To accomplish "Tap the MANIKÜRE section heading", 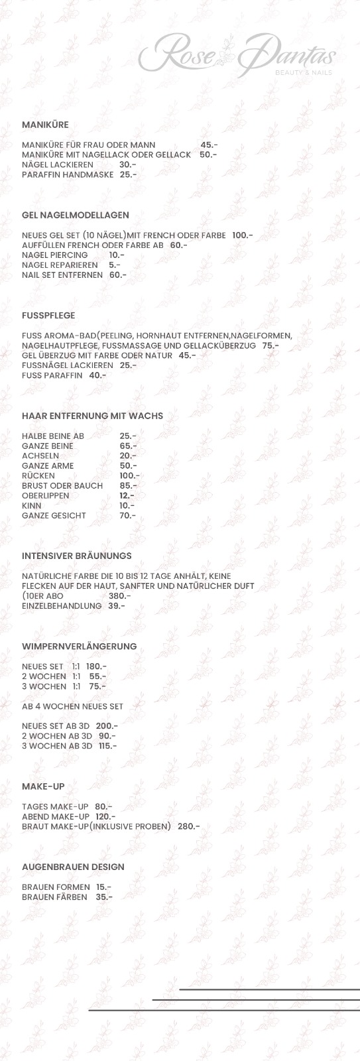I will pyautogui.click(x=45, y=125).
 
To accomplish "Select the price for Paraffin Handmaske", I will pyautogui.click(x=128, y=174).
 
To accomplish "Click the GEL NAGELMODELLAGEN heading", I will pyautogui.click(x=76, y=215).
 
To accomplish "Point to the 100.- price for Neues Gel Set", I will pyautogui.click(x=243, y=235).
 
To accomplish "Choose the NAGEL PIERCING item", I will pyautogui.click(x=55, y=255).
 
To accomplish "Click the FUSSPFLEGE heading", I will pyautogui.click(x=48, y=316).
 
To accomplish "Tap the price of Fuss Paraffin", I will pyautogui.click(x=97, y=375).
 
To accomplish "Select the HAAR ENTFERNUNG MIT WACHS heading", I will pyautogui.click(x=92, y=416).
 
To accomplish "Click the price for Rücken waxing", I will pyautogui.click(x=129, y=476).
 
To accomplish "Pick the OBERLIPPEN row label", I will pyautogui.click(x=45, y=496).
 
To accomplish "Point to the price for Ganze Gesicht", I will pyautogui.click(x=127, y=516).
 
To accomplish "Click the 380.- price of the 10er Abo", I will pyautogui.click(x=119, y=595).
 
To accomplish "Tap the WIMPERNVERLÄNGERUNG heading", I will pyautogui.click(x=80, y=646).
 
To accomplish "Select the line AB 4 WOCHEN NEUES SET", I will pyautogui.click(x=72, y=706).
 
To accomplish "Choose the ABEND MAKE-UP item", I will pyautogui.click(x=56, y=816).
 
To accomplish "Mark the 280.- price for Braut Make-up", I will pyautogui.click(x=189, y=826).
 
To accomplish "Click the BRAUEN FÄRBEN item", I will pyautogui.click(x=54, y=897).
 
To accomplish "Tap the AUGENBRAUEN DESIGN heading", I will pyautogui.click(x=73, y=867).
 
